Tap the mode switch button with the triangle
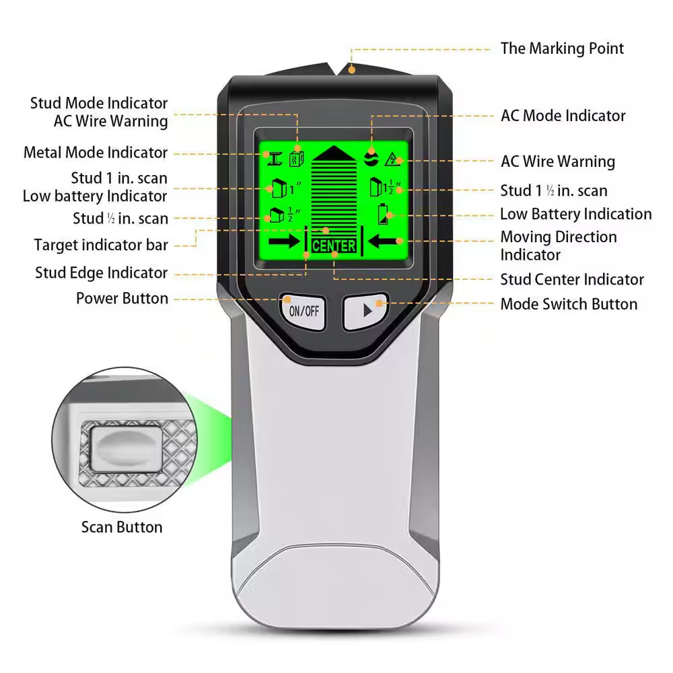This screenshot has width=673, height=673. pyautogui.click(x=366, y=312)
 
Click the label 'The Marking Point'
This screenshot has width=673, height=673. pyautogui.click(x=562, y=48)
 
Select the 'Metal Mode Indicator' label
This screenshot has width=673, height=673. pyautogui.click(x=96, y=153)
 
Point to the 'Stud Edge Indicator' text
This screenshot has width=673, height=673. pyautogui.click(x=101, y=273)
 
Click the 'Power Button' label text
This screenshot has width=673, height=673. pyautogui.click(x=122, y=298)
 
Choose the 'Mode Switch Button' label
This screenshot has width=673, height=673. pyautogui.click(x=569, y=304)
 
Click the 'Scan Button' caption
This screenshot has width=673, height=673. pyautogui.click(x=122, y=526)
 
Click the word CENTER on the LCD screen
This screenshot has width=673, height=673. pyautogui.click(x=334, y=246)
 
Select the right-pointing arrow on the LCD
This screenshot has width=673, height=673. pyautogui.click(x=284, y=240)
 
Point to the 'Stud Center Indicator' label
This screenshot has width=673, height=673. pyautogui.click(x=572, y=279)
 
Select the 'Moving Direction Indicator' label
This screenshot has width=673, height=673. pyautogui.click(x=558, y=246)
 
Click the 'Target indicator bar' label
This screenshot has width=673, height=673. pyautogui.click(x=101, y=245)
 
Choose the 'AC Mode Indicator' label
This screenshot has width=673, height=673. pyautogui.click(x=563, y=116)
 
